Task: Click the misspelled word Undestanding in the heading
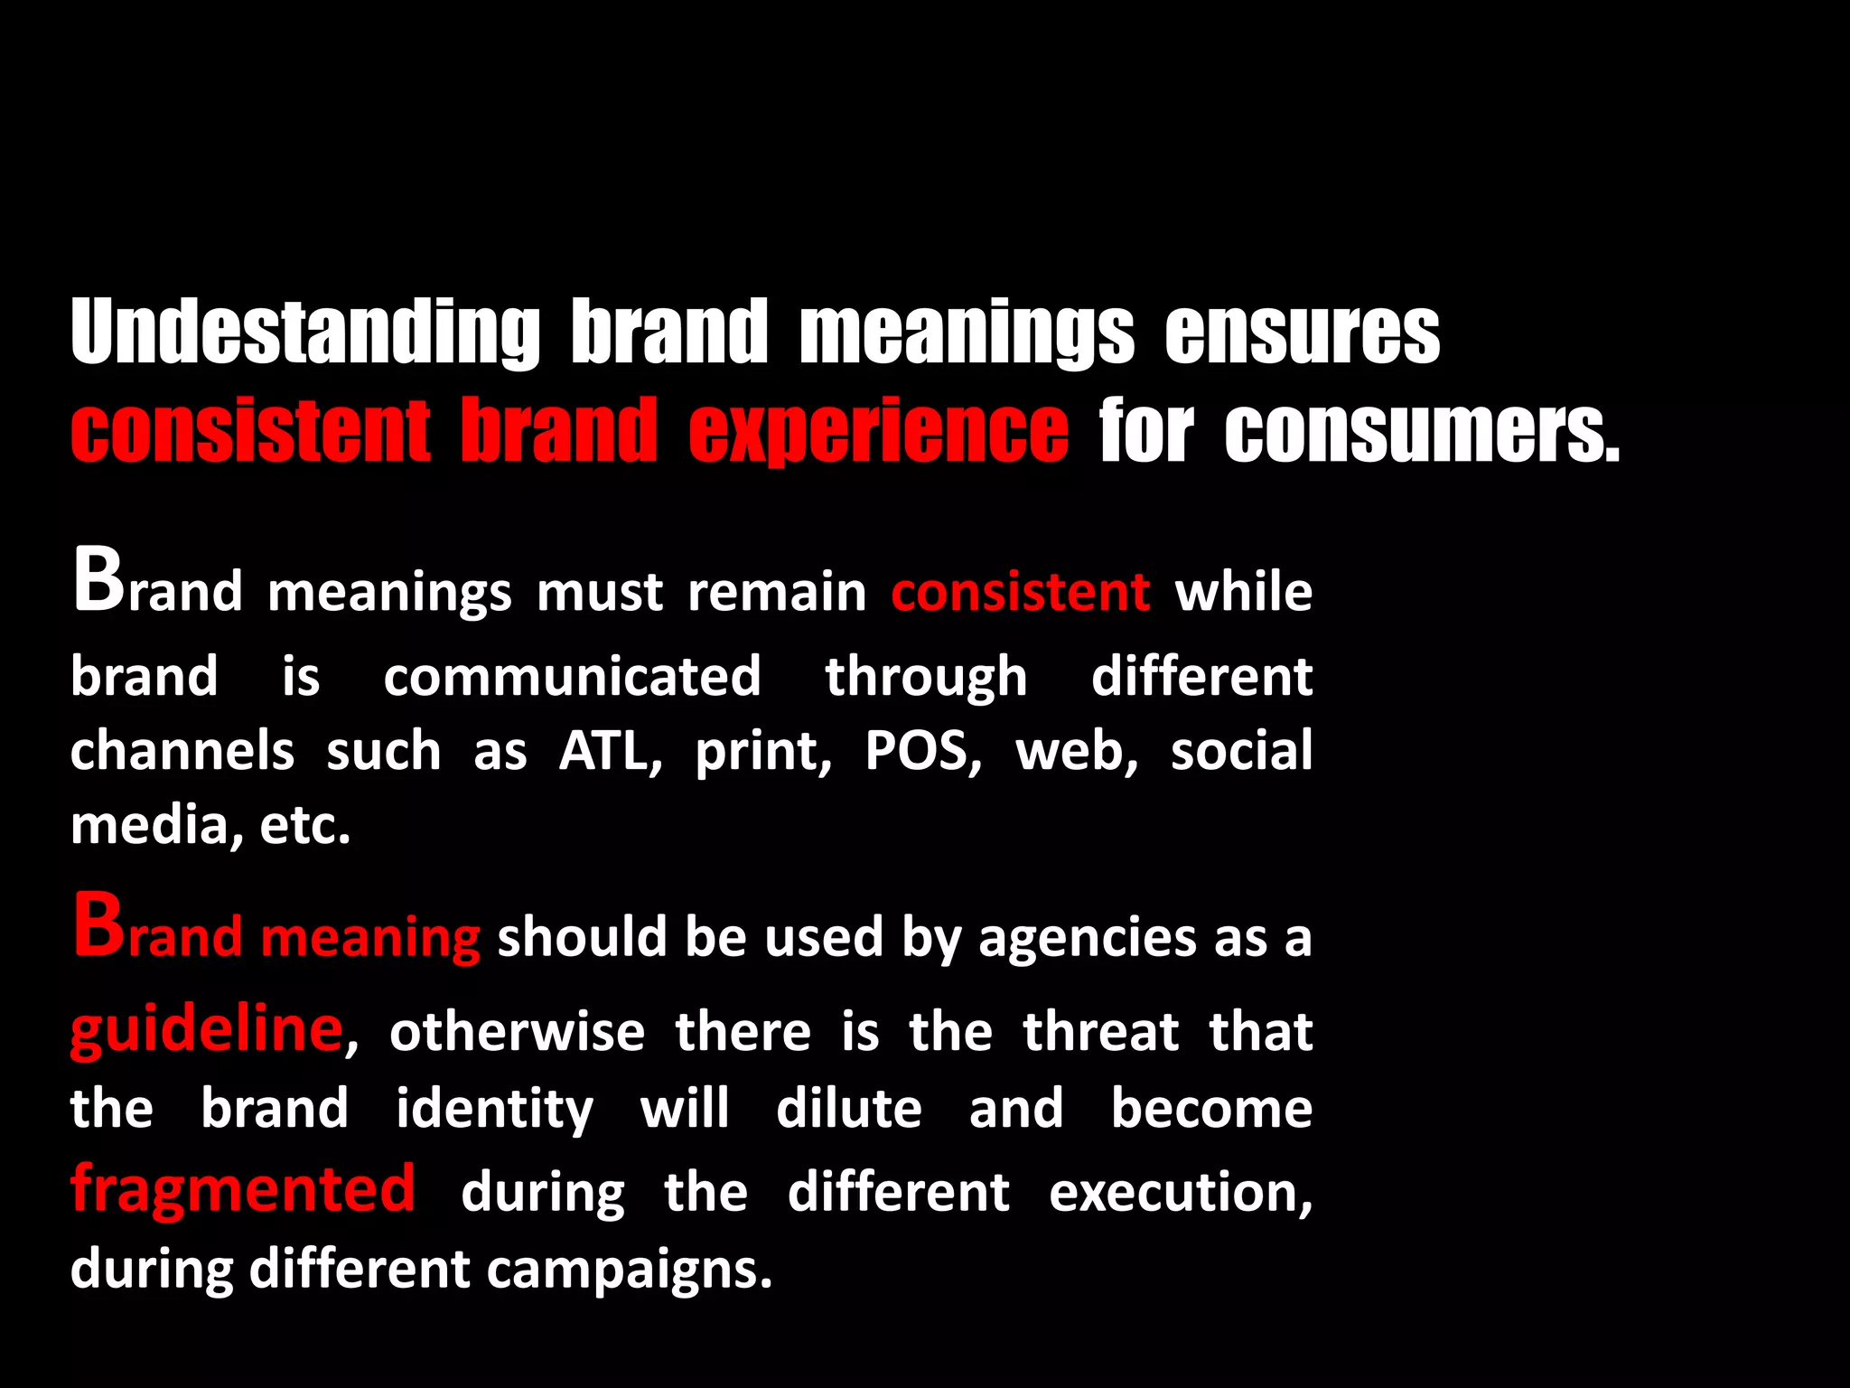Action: coord(305,333)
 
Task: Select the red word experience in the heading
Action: coord(878,431)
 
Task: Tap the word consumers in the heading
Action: coord(1422,431)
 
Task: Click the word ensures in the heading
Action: coord(1302,333)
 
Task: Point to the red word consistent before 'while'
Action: coord(1021,592)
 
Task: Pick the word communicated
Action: coord(572,677)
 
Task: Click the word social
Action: coord(1241,751)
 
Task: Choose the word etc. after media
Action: coord(304,825)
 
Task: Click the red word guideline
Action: coord(207,1030)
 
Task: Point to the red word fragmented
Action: coord(243,1188)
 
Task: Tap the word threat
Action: coord(1101,1031)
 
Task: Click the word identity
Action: coord(494,1110)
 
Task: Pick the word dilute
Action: coord(849,1108)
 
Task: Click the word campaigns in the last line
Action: coord(630,1270)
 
